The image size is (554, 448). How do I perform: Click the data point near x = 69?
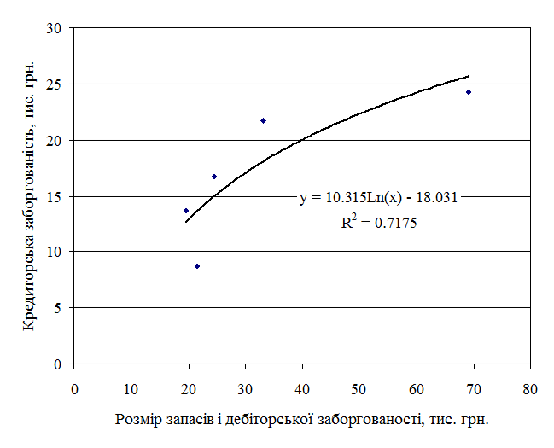(469, 92)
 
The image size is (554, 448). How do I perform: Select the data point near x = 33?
(263, 120)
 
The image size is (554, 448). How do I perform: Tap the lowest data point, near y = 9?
(197, 266)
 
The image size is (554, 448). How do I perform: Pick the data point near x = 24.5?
(214, 177)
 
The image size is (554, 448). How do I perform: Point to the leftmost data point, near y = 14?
(186, 211)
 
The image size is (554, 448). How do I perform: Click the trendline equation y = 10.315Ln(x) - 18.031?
(379, 198)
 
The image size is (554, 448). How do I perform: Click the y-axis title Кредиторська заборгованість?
(28, 195)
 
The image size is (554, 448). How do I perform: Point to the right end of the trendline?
(469, 76)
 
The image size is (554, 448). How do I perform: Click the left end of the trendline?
(186, 222)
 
